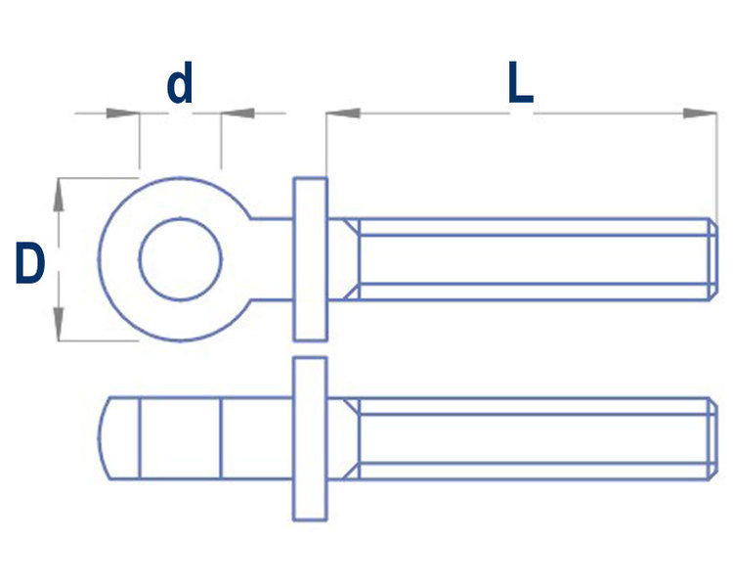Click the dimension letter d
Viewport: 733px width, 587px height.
pos(180,83)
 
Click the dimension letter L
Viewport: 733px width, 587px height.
pos(520,83)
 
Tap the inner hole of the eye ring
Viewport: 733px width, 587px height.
pos(180,259)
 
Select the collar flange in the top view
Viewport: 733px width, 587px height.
pos(310,259)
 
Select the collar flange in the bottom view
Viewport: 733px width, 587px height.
pos(310,438)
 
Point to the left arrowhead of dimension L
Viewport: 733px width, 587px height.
pos(343,113)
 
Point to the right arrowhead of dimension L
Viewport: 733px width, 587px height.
pos(700,113)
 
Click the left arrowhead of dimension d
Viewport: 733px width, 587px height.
pos(123,113)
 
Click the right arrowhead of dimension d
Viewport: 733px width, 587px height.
pos(237,113)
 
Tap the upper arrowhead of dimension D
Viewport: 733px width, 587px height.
pos(58,195)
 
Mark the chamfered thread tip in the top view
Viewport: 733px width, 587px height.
pos(712,259)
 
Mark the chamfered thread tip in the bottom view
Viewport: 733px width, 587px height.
pos(712,438)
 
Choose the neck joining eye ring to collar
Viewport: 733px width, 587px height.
pos(272,259)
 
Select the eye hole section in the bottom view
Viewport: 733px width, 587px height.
pos(180,438)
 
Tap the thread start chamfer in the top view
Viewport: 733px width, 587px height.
pos(351,259)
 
